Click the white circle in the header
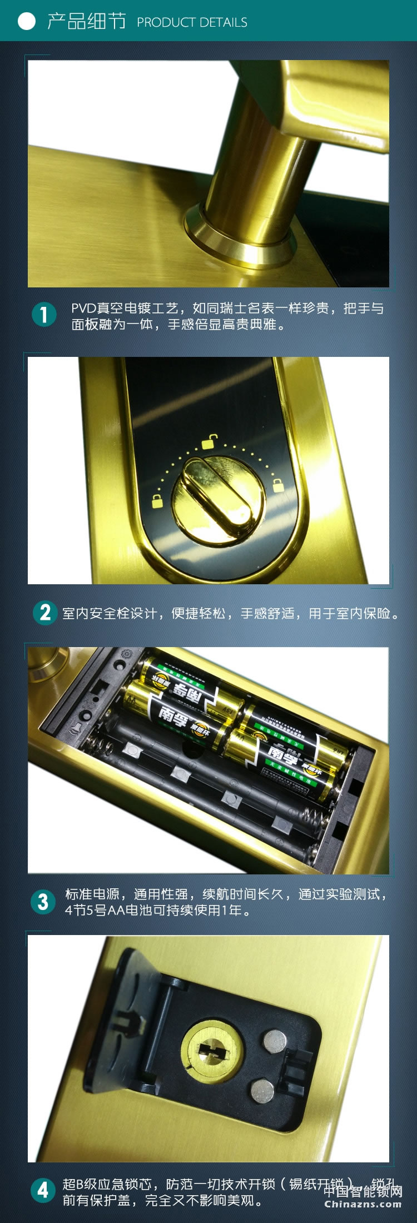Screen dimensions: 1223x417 pos(26,21)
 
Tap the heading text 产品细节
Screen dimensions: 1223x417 pos(86,21)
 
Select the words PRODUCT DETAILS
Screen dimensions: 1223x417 pos(192,22)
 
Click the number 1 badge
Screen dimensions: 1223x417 pos(44,315)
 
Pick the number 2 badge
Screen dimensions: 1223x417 pos(44,613)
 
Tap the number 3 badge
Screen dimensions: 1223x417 pos(43,901)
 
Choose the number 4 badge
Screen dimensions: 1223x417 pos(43,1190)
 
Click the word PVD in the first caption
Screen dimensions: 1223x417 pos(83,308)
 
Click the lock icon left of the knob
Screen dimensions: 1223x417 pos(158,500)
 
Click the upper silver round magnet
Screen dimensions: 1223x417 pos(273,1038)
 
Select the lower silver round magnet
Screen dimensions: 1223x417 pos(262,1090)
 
